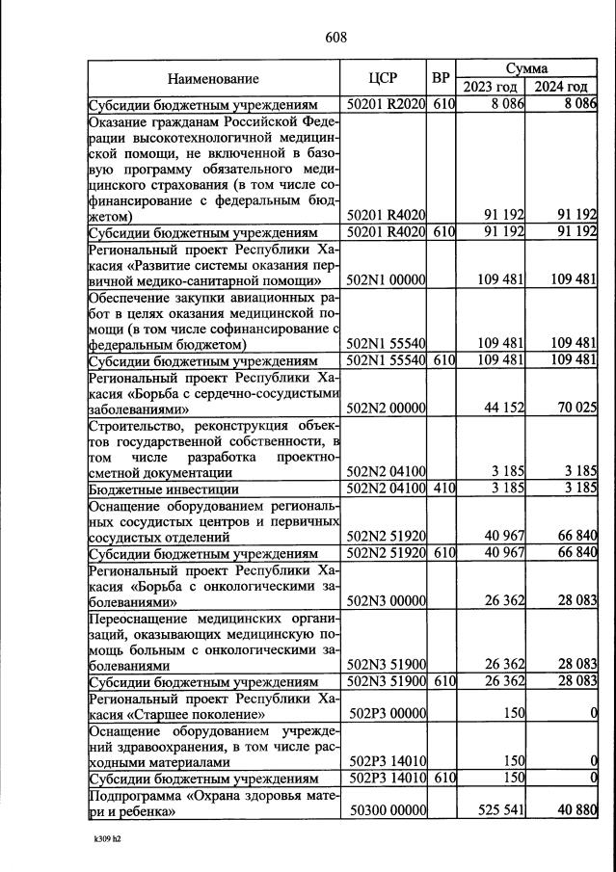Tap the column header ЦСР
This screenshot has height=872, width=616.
pyautogui.click(x=385, y=79)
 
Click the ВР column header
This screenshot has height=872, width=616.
pyautogui.click(x=442, y=79)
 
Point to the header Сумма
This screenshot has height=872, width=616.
pyautogui.click(x=526, y=69)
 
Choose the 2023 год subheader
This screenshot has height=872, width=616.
pyautogui.click(x=490, y=88)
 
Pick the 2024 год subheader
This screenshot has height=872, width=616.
pyautogui.click(x=561, y=88)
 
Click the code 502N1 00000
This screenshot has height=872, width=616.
pyautogui.click(x=385, y=279)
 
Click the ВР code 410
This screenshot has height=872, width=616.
pyautogui.click(x=442, y=489)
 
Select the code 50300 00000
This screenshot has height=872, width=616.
pyautogui.click(x=385, y=811)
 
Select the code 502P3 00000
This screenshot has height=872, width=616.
pyautogui.click(x=385, y=715)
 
